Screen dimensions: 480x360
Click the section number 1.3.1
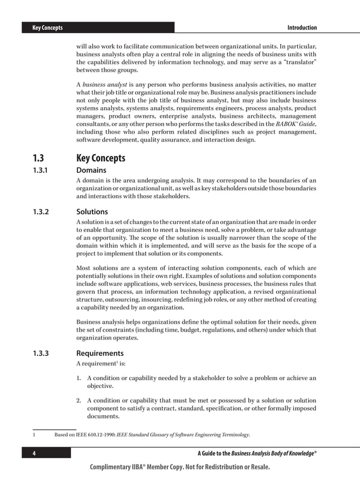pyautogui.click(x=41, y=170)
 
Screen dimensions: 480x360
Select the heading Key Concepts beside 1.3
pyautogui.click(x=100, y=158)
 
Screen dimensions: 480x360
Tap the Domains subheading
pyautogui.click(x=91, y=170)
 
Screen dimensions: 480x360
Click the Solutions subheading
pyautogui.click(x=93, y=213)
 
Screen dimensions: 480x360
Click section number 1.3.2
pyautogui.click(x=42, y=213)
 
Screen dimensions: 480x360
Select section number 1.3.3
pyautogui.click(x=42, y=354)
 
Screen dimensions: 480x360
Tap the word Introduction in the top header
pyautogui.click(x=302, y=28)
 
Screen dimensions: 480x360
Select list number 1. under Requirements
pyautogui.click(x=79, y=378)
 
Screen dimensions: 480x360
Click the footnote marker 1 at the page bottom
pyautogui.click(x=34, y=435)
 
